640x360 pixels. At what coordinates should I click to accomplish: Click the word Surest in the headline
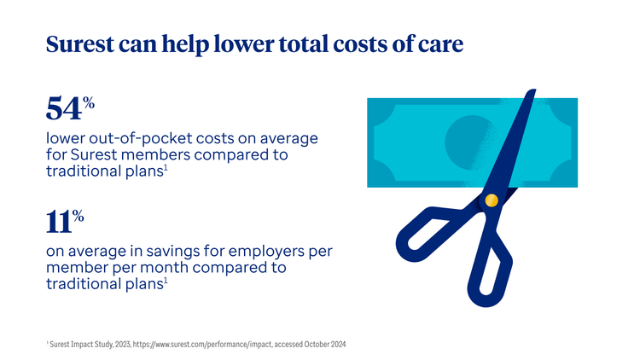[x=80, y=44]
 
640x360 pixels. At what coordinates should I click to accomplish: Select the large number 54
[x=64, y=108]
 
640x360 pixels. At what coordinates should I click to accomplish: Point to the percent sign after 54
[x=89, y=102]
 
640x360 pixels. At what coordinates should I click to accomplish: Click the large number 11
[x=58, y=222]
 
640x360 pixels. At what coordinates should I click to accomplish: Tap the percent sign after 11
[x=79, y=216]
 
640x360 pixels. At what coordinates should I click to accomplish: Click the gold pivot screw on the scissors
[x=492, y=200]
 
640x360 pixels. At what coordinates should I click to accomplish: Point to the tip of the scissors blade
[x=534, y=90]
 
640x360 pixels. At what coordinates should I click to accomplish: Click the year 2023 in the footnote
[x=122, y=345]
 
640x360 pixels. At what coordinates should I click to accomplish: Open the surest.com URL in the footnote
[x=202, y=345]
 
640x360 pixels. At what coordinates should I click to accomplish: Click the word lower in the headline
[x=244, y=44]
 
